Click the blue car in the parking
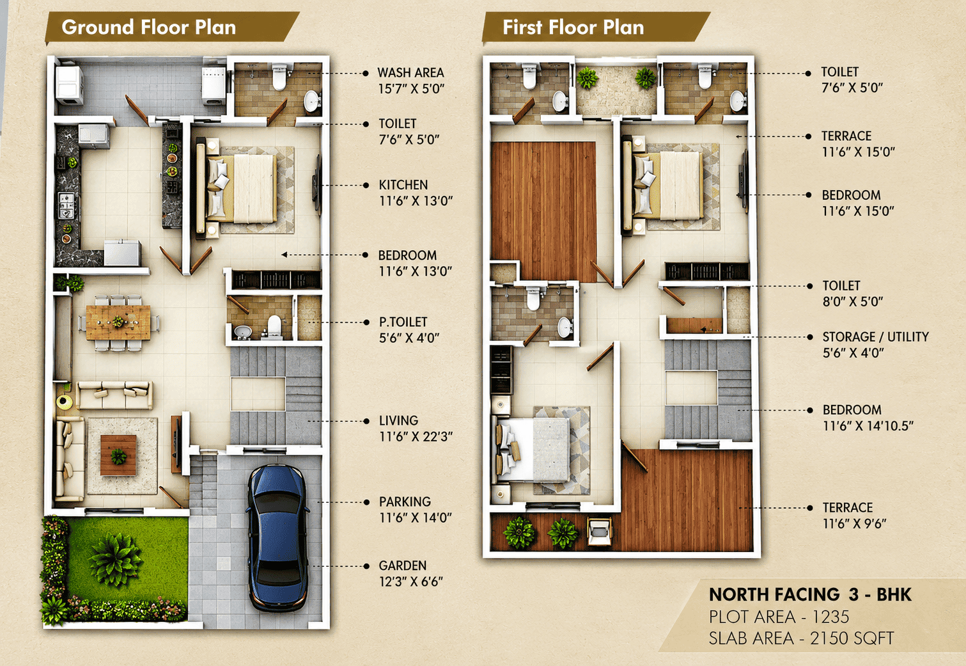click(x=277, y=538)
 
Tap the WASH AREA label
click(x=410, y=72)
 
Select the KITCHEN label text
click(x=403, y=185)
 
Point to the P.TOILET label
click(x=403, y=322)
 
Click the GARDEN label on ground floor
click(x=402, y=566)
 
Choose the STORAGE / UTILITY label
click(x=875, y=337)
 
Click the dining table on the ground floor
click(x=118, y=322)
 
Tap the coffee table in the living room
click(x=118, y=456)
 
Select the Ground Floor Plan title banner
click(x=171, y=28)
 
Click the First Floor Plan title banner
click(x=595, y=28)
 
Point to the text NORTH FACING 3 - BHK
click(x=810, y=595)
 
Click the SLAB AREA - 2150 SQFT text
click(x=801, y=638)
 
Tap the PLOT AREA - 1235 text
click(x=779, y=617)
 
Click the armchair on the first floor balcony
click(x=600, y=532)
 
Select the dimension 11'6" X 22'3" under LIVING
click(x=416, y=437)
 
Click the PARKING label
click(x=405, y=502)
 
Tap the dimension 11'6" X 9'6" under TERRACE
click(x=854, y=523)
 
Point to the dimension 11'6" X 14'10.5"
click(x=868, y=426)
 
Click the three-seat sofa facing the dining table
click(x=114, y=395)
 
